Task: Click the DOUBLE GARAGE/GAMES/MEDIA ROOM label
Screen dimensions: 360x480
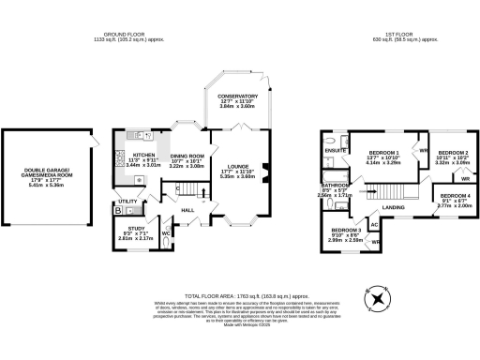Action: (x=46, y=175)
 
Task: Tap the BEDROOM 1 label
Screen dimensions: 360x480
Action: (x=383, y=152)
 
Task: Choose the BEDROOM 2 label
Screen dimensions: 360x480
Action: (x=453, y=152)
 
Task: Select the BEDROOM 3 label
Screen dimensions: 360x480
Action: (x=346, y=230)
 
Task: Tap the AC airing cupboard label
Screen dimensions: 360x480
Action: (x=374, y=225)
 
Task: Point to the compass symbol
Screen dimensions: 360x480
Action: (x=378, y=298)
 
